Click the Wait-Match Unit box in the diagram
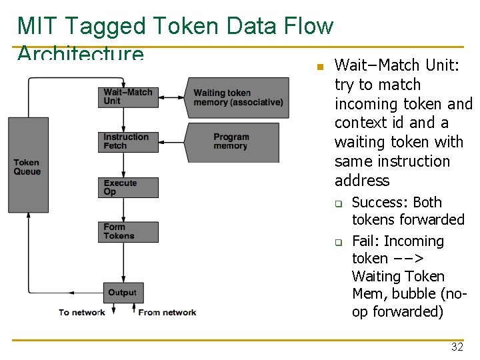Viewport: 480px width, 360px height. (129, 97)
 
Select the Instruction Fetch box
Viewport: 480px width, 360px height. (129, 141)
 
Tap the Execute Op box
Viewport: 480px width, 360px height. (129, 187)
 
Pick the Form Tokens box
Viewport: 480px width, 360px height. (129, 231)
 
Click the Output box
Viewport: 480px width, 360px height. (123, 292)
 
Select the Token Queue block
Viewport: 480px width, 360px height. (28, 165)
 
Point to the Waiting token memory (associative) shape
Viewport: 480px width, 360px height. (239, 97)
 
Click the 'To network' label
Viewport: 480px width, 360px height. (81, 312)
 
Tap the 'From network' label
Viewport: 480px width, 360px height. (167, 312)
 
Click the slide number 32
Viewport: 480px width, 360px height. (457, 347)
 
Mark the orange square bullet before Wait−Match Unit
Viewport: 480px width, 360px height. (319, 67)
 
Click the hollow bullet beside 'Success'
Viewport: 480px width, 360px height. (338, 204)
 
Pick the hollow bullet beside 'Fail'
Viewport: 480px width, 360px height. (338, 243)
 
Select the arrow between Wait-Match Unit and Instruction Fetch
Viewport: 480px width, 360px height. (123, 119)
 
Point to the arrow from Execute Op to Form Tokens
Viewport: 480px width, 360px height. (123, 209)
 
